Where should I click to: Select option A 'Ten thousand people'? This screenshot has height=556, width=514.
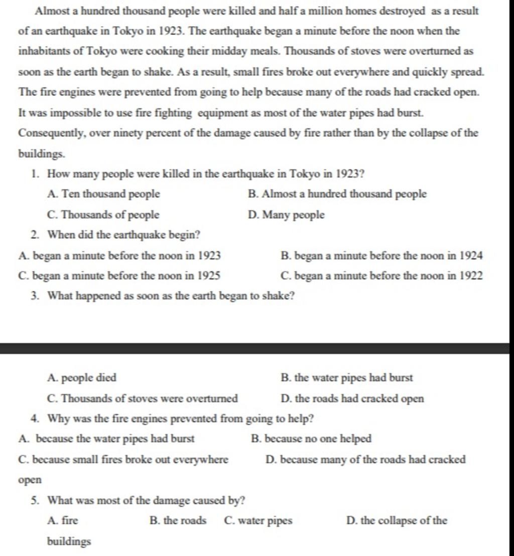point(103,194)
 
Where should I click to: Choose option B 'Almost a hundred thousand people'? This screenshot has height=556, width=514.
point(337,194)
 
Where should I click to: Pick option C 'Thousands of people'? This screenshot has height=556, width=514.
point(102,215)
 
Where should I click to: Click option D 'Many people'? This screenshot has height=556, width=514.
point(287,215)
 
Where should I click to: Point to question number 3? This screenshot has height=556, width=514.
point(34,296)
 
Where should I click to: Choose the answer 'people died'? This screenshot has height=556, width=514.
point(81,378)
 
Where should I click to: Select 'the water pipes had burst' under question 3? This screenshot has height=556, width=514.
point(347,378)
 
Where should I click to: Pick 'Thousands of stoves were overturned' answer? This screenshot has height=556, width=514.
point(142,399)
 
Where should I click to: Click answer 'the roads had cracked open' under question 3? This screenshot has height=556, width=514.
point(353,399)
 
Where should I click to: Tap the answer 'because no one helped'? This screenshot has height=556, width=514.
point(312,439)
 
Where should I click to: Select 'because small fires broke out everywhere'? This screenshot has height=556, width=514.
point(123,460)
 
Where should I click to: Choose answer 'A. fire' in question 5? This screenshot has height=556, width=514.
point(62,521)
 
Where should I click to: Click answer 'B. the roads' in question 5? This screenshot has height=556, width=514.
point(178,521)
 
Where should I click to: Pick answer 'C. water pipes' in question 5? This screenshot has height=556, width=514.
point(258,521)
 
